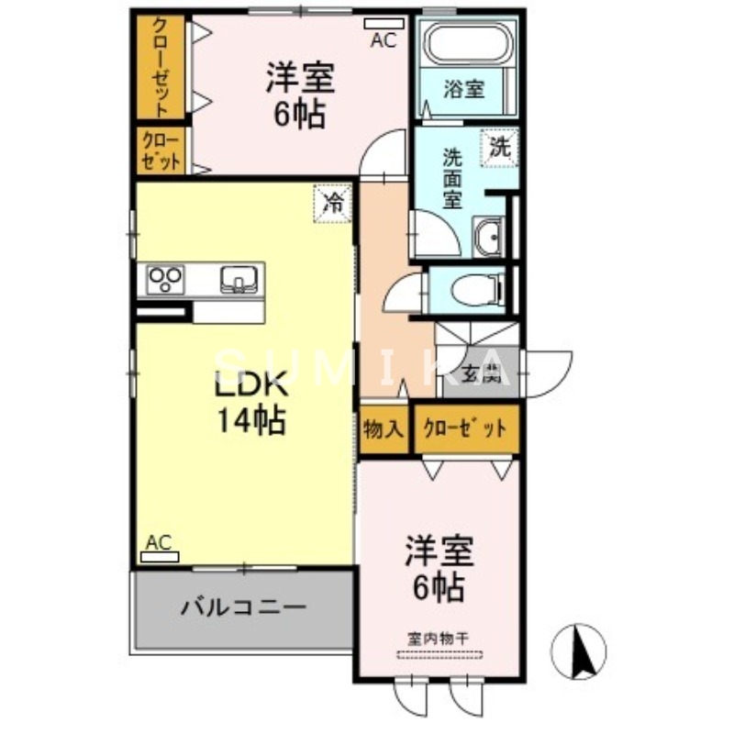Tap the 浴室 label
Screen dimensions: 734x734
pyautogui.click(x=463, y=89)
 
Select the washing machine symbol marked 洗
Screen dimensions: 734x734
pyautogui.click(x=499, y=146)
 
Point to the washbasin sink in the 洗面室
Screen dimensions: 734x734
pyautogui.click(x=487, y=239)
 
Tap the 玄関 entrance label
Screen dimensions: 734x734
pyautogui.click(x=480, y=373)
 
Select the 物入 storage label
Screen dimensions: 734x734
pyautogui.click(x=384, y=428)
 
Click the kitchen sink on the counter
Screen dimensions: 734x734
pyautogui.click(x=239, y=279)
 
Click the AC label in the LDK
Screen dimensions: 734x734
pyautogui.click(x=159, y=543)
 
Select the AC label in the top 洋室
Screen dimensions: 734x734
pyautogui.click(x=384, y=39)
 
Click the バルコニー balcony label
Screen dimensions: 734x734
pyautogui.click(x=242, y=606)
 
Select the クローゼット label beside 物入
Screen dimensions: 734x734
pyautogui.click(x=464, y=428)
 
